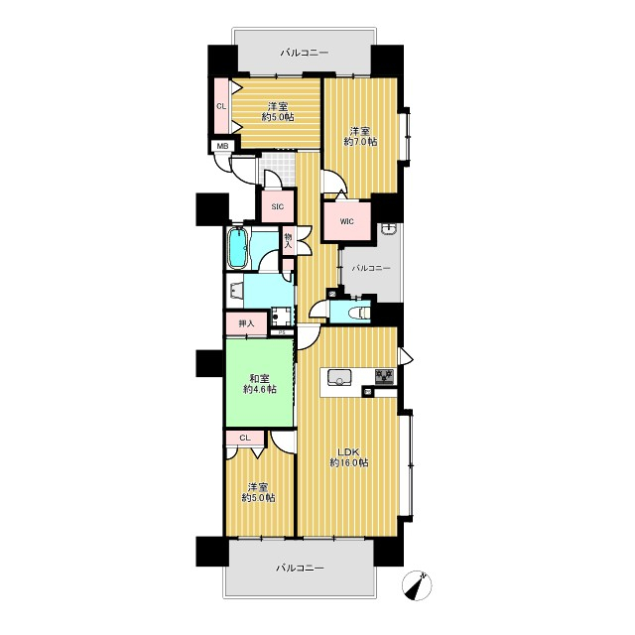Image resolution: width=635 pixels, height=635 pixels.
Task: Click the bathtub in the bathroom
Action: (x=238, y=248)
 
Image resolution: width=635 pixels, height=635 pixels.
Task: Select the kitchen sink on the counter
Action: (x=337, y=378)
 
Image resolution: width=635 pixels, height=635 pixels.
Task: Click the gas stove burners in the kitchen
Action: (x=384, y=377)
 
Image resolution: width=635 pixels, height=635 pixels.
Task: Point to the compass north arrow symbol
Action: (x=417, y=585)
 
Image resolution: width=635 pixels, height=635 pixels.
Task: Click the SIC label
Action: (x=278, y=207)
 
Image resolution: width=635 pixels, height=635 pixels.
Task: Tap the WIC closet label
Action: (x=346, y=221)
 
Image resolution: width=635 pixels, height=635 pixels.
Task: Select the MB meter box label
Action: (x=222, y=146)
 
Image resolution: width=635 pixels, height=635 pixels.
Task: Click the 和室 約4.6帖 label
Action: (x=260, y=384)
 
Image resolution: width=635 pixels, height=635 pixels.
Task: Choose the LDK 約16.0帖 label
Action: (x=348, y=457)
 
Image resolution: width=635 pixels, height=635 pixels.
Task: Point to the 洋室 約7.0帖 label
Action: (x=360, y=137)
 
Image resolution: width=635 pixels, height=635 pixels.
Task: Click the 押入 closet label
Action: (x=246, y=323)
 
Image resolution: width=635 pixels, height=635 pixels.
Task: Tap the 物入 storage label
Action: (x=288, y=240)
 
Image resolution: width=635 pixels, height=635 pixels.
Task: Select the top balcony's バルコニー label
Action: (x=305, y=53)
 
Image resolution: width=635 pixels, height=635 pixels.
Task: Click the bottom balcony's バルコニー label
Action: (x=300, y=568)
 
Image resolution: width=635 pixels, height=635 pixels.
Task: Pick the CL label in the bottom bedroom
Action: (x=245, y=438)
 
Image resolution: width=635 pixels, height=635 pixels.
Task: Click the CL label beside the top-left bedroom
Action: (x=221, y=107)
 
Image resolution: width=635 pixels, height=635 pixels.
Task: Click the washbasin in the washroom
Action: (x=235, y=291)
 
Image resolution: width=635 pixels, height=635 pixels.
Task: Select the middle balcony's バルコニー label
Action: (x=370, y=268)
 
